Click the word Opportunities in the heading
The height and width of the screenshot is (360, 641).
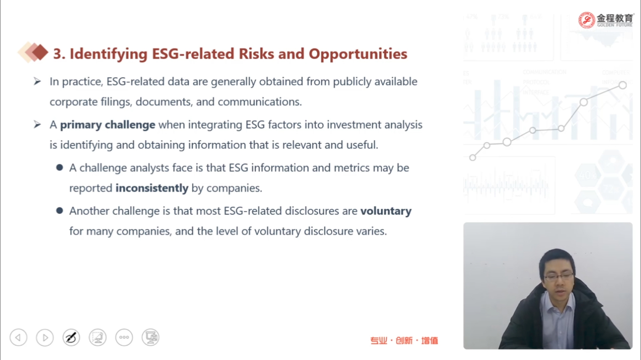(358, 54)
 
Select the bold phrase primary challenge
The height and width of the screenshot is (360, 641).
(108, 125)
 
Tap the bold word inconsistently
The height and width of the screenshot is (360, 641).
(152, 188)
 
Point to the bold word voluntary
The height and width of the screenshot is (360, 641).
(386, 212)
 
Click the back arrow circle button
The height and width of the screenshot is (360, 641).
(18, 338)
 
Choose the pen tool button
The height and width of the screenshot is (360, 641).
(71, 338)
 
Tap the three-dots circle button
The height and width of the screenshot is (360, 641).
(124, 338)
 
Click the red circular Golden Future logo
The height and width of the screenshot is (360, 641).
(586, 20)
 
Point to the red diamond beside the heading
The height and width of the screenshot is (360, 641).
(40, 52)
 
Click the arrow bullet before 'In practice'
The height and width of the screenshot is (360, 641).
(37, 81)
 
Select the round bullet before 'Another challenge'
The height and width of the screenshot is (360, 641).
(60, 211)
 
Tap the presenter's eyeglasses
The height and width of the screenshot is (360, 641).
(559, 276)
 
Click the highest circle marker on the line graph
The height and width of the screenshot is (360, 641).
(623, 85)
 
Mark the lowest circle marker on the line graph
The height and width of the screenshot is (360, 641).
(473, 157)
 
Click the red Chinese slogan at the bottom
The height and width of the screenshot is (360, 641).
(404, 341)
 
